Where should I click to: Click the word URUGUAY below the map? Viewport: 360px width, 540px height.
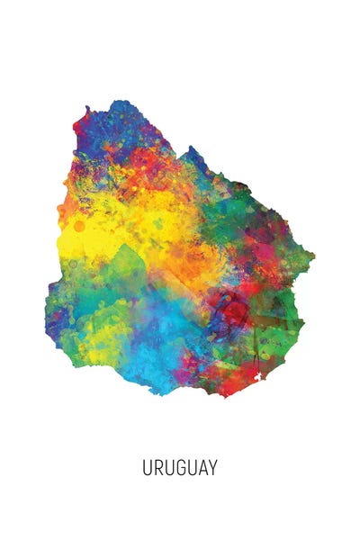pos(180,468)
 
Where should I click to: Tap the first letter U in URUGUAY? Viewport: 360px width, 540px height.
pos(147,468)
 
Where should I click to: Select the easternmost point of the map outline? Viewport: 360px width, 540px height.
pos(314,261)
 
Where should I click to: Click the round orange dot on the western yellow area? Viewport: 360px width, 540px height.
pos(79,226)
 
